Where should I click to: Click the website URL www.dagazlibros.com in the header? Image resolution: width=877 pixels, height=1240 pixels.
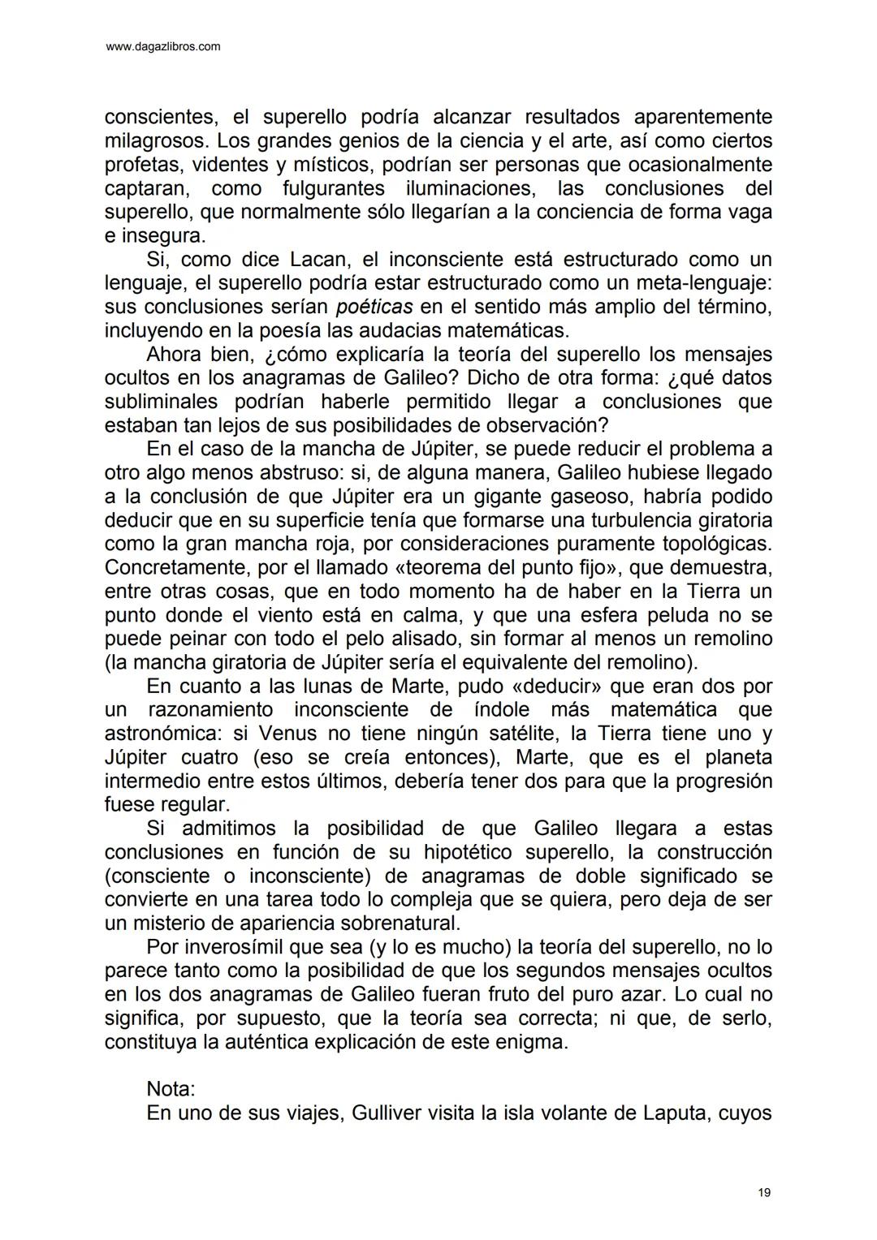(x=163, y=47)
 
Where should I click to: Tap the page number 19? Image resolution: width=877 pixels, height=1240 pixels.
(x=764, y=1192)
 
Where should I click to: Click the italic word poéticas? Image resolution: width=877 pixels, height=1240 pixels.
(x=374, y=307)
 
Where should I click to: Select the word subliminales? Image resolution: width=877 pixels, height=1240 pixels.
(x=161, y=402)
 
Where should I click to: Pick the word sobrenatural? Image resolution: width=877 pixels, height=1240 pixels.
(x=392, y=923)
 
